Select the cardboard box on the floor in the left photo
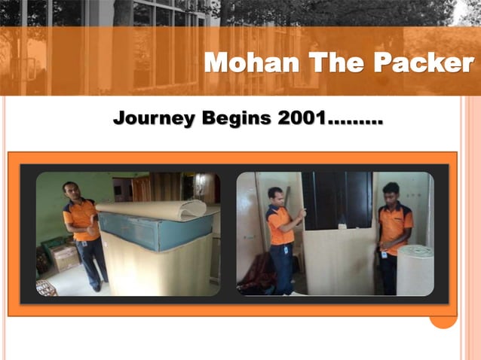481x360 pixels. point(66,258)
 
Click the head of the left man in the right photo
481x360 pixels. point(275,195)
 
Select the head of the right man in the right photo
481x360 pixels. point(390,191)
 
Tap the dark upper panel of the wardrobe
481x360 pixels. point(337,200)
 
